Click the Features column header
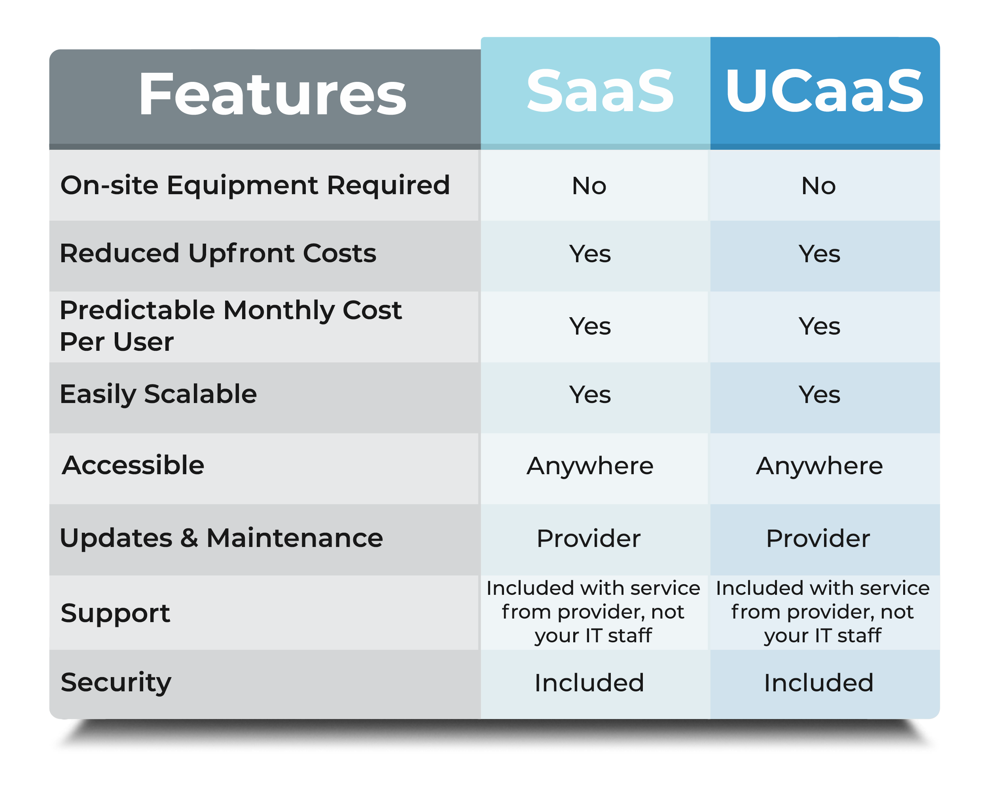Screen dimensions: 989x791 coord(273,94)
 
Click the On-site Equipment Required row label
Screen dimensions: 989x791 coord(255,185)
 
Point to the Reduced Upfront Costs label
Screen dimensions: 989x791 coord(218,253)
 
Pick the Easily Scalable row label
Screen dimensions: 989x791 coord(158,394)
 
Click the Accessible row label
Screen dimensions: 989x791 coord(133,465)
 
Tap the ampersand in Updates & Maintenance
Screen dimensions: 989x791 coord(189,538)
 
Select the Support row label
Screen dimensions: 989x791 coord(115,613)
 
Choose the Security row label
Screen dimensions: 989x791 coord(116,682)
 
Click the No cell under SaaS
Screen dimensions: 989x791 coord(589,186)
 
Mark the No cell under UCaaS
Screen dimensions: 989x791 coord(818,186)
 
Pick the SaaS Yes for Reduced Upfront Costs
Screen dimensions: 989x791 coord(590,254)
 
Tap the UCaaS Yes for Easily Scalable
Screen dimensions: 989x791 coord(819,394)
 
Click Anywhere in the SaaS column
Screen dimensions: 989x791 coord(590,466)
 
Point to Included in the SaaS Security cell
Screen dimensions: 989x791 coord(589,683)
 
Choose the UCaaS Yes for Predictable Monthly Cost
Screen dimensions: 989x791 coord(819,327)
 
